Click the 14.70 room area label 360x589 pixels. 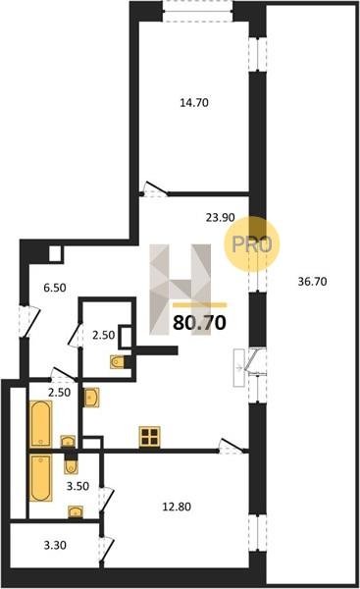[x=194, y=102]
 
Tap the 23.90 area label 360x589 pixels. [x=221, y=217]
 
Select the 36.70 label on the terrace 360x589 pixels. [x=312, y=282]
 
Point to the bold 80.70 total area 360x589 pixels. [x=199, y=322]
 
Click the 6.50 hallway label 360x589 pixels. [x=55, y=288]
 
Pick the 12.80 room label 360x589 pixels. [x=177, y=507]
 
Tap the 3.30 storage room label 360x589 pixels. [x=55, y=545]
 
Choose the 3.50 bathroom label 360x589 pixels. [x=77, y=486]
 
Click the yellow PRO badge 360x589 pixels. [x=252, y=244]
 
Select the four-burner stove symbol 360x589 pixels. [x=150, y=437]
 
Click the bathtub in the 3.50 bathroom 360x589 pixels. [x=40, y=478]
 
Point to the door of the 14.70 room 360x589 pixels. [x=155, y=189]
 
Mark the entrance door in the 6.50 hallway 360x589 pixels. [x=29, y=322]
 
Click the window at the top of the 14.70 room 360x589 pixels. [x=197, y=11]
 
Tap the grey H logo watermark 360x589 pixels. [x=180, y=290]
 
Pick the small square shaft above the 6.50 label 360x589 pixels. [x=56, y=254]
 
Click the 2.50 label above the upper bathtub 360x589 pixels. [x=59, y=392]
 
